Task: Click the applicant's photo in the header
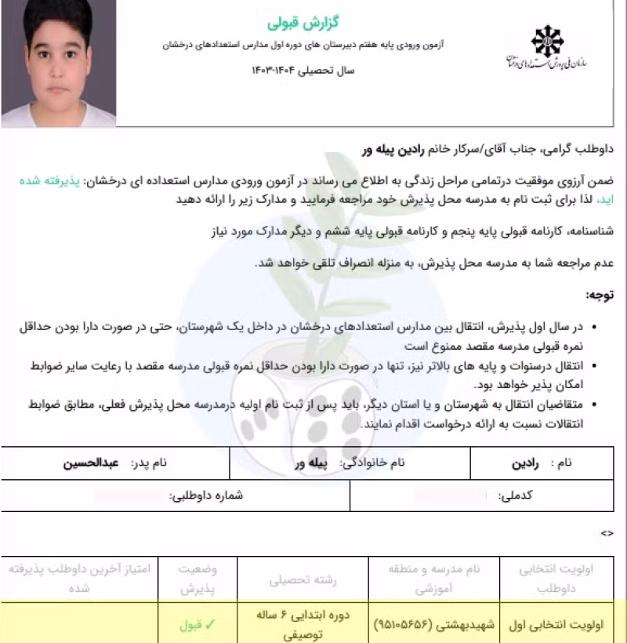point(60,63)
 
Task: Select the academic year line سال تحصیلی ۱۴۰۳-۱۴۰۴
point(303,71)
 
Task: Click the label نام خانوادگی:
point(372,463)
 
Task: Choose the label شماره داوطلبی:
point(207,496)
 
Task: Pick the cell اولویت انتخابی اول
point(559,625)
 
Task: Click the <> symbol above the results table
point(607,533)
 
